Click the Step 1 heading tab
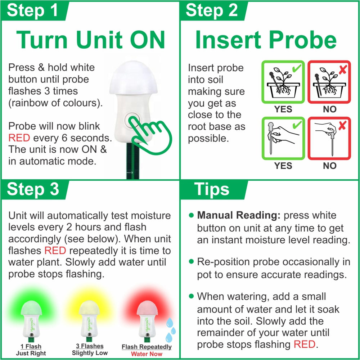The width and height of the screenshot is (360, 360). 35,11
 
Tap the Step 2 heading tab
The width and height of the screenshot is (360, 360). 214,11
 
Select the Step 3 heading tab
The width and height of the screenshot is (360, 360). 35,190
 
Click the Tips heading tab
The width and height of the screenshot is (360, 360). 214,190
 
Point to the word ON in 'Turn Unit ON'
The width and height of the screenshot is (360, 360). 147,40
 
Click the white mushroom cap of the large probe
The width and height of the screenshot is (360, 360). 134,78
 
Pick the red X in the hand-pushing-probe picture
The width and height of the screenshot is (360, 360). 342,125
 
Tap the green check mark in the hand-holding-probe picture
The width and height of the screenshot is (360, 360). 297,125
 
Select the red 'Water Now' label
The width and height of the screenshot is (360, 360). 147,354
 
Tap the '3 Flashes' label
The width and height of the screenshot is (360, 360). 90,346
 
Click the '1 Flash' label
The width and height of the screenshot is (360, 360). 31,346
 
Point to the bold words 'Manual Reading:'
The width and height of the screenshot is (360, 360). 239,215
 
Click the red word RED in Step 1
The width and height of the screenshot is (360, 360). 19,138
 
